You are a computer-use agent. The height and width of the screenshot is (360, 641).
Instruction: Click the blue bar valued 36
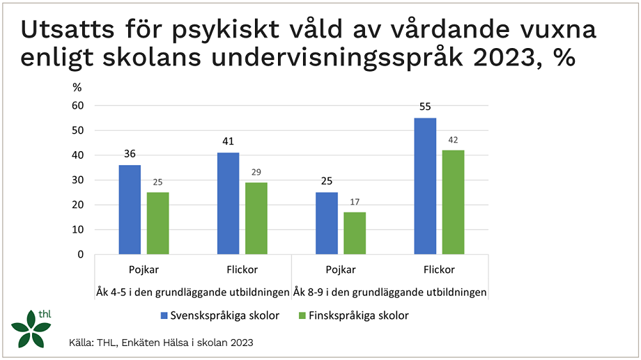130,210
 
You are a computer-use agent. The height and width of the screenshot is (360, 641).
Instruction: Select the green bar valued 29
256,218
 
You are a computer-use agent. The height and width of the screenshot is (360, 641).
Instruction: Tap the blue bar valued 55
425,186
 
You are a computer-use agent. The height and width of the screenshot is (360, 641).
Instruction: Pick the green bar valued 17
355,233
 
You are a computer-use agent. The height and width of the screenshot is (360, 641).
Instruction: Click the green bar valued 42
453,202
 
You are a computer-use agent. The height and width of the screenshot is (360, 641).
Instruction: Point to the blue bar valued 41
228,203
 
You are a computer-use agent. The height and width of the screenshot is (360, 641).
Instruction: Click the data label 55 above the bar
425,108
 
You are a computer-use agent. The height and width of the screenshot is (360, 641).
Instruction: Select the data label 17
355,203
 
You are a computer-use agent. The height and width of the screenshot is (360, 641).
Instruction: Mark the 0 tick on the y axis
80,255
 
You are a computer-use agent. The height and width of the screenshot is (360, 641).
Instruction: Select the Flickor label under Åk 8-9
439,270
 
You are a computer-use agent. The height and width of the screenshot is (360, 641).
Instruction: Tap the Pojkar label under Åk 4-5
144,270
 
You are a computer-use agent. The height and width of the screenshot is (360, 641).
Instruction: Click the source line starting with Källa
160,343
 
